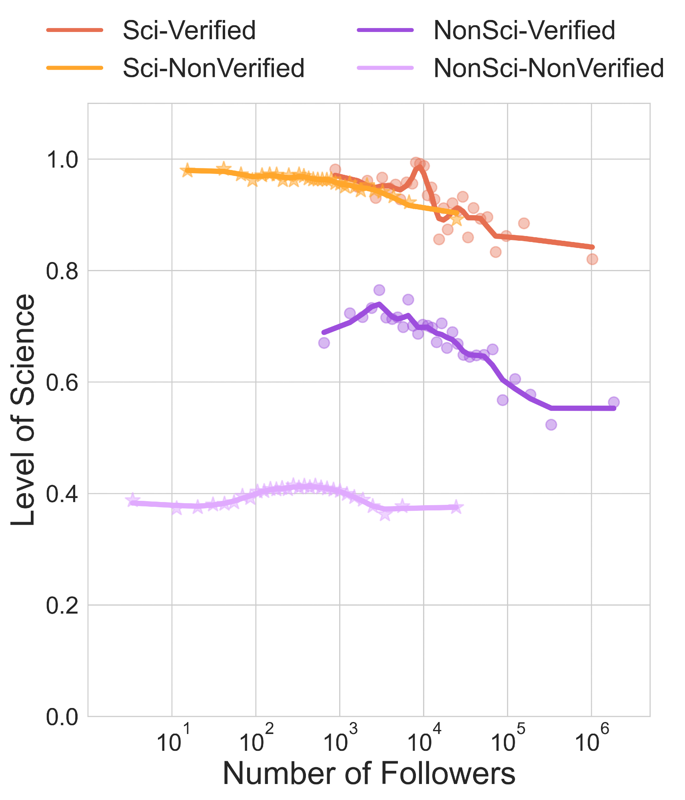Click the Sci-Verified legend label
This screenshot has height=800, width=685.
[189, 30]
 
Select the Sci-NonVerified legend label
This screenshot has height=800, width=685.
[214, 68]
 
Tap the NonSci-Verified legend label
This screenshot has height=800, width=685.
[524, 30]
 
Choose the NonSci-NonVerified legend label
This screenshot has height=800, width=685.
[549, 68]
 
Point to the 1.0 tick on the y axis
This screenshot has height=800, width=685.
[62, 160]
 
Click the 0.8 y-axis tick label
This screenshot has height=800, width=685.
[62, 271]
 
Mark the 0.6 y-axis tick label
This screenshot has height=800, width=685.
[62, 383]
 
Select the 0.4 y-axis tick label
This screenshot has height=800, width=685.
[62, 494]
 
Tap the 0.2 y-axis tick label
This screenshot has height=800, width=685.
[62, 606]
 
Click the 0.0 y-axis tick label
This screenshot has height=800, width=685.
[62, 717]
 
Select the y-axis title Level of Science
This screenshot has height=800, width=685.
[23, 410]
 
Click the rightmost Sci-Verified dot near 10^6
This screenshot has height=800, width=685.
[592, 259]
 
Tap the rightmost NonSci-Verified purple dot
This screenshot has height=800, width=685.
[613, 402]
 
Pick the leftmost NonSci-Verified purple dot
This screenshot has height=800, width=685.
[324, 343]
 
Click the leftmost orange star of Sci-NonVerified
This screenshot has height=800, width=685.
[187, 171]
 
